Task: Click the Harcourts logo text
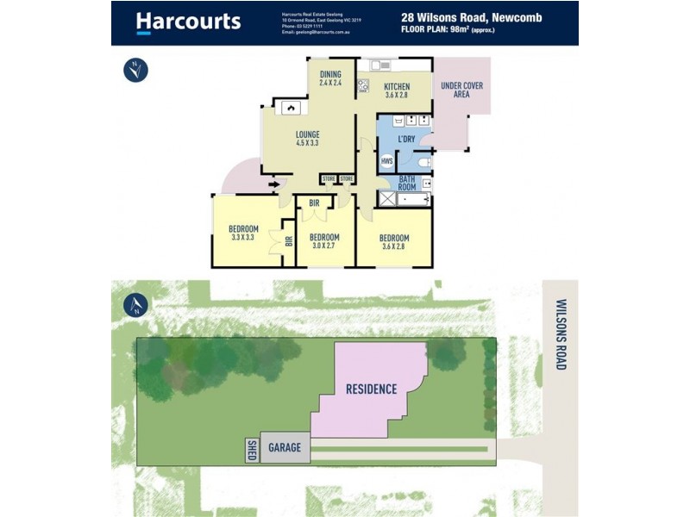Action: point(188,22)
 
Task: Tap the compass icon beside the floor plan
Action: point(135,70)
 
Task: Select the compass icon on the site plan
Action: point(135,304)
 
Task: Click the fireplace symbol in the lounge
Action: point(292,108)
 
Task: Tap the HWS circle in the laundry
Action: point(386,161)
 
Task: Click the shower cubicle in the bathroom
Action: point(388,200)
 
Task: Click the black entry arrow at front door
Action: point(277,183)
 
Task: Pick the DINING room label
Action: point(330,73)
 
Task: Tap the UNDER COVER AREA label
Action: point(461,90)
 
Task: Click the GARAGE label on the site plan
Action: point(285,447)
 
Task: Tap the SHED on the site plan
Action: point(252,449)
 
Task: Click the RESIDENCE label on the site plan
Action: point(371,389)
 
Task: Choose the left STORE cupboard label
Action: point(329,179)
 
